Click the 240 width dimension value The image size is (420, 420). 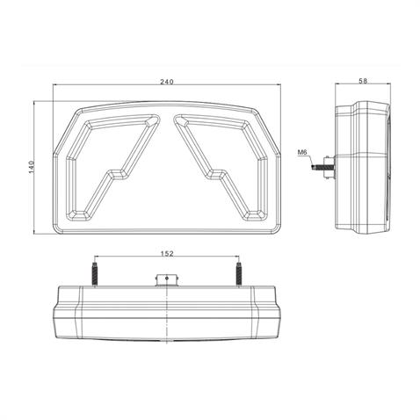[x=167, y=82]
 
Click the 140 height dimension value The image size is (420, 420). [x=29, y=167]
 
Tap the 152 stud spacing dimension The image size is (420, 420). [x=167, y=254]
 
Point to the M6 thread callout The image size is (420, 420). [x=302, y=152]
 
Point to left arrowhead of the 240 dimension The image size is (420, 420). [x=55, y=86]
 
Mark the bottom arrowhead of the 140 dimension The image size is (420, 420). [x=34, y=232]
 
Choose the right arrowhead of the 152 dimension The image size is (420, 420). [x=237, y=258]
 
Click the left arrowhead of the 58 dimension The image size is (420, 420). [x=337, y=85]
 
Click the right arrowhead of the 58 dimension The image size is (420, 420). [x=392, y=85]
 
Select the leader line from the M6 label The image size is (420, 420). [x=314, y=157]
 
